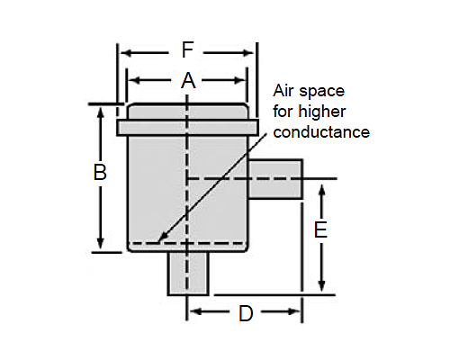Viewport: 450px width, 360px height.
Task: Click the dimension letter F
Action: (x=188, y=49)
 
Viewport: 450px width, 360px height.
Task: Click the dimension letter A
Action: (x=188, y=80)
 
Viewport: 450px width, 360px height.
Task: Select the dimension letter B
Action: (x=100, y=173)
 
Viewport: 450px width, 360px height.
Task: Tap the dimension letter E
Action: (x=320, y=230)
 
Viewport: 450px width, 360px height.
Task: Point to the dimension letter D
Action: (x=246, y=313)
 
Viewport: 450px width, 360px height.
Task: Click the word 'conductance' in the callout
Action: (x=321, y=132)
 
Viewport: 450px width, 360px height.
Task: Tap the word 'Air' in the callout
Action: (x=283, y=91)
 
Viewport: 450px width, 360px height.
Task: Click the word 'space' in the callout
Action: (x=321, y=92)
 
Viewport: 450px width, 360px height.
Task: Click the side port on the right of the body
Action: (x=274, y=179)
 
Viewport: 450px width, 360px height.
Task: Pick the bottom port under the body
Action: (x=188, y=274)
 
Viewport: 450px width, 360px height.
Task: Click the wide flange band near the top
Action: (x=188, y=128)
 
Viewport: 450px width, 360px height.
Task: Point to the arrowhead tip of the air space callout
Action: (x=158, y=242)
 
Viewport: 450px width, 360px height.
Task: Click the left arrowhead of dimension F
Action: (x=121, y=53)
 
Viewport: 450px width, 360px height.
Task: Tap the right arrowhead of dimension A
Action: (x=246, y=80)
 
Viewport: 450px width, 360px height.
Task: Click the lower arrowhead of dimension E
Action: (x=321, y=292)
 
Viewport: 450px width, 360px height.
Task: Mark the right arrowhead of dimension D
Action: (x=300, y=311)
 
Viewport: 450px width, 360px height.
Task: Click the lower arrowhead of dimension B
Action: (x=101, y=249)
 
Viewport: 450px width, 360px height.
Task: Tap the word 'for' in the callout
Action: (x=283, y=112)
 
